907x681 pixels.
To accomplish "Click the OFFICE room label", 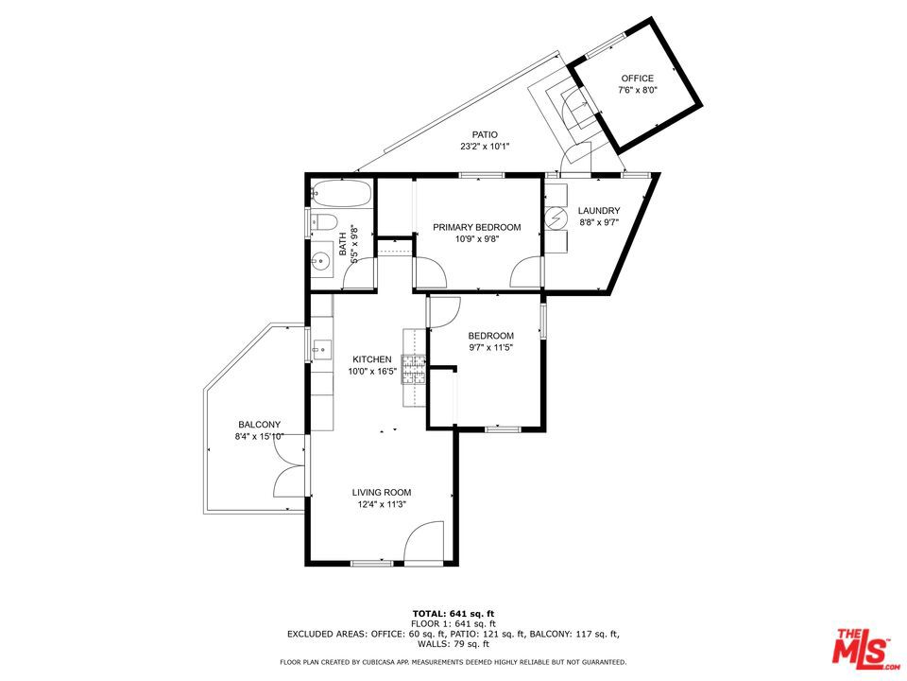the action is point(638,79).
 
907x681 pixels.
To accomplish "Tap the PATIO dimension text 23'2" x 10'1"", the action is point(485,147).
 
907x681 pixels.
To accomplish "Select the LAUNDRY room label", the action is point(599,211).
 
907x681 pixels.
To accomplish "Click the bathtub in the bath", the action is point(341,193).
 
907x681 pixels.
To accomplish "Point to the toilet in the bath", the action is point(323,221).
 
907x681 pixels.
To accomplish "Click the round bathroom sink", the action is point(319,262).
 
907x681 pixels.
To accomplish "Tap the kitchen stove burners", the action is point(414,370).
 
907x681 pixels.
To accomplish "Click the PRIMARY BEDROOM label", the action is point(476,227).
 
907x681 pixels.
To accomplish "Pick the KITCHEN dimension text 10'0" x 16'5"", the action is point(372,371).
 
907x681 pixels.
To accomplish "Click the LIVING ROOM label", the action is point(382,492).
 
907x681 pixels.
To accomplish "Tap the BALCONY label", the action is point(259,425).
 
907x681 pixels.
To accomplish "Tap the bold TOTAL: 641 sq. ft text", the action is point(453,613).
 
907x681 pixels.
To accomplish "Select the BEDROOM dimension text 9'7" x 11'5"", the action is point(491,347).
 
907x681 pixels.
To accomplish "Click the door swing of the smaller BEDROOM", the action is point(444,312).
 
